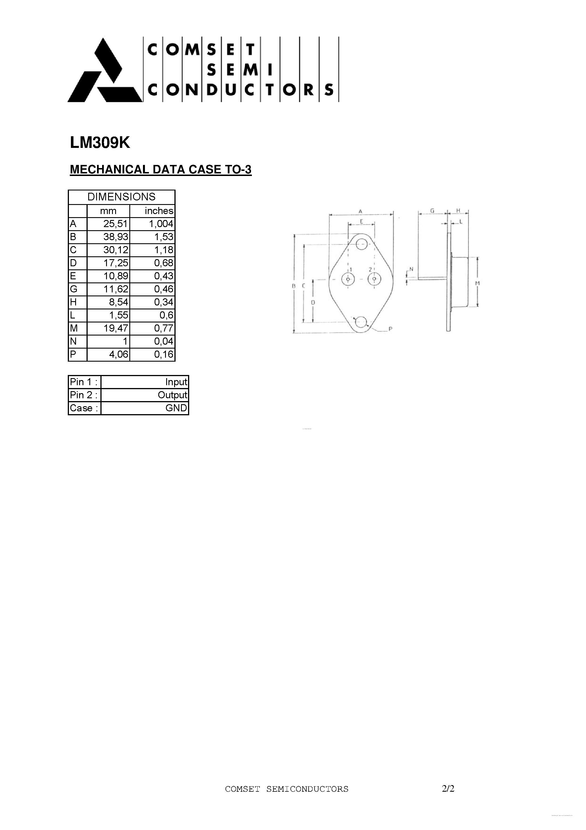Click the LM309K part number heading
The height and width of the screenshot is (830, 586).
coord(100,143)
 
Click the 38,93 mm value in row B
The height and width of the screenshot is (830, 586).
coord(116,237)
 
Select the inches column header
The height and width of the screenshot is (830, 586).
coord(159,211)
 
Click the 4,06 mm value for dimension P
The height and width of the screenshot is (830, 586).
coord(119,354)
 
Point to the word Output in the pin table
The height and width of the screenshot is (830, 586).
coord(172,395)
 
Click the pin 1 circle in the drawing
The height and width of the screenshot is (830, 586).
coord(348,279)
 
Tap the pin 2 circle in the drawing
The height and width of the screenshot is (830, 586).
coord(374,279)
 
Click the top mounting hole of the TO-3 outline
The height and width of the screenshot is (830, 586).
coord(361,244)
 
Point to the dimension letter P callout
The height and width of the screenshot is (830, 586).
coord(391,329)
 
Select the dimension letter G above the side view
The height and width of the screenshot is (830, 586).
coord(432,211)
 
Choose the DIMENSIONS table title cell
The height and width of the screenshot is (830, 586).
coord(121,197)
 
